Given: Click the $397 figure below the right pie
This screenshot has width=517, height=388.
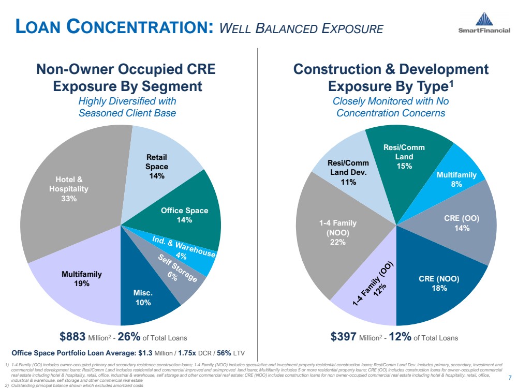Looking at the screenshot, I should (x=344, y=338).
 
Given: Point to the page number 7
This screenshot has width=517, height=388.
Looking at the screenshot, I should (x=510, y=376).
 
